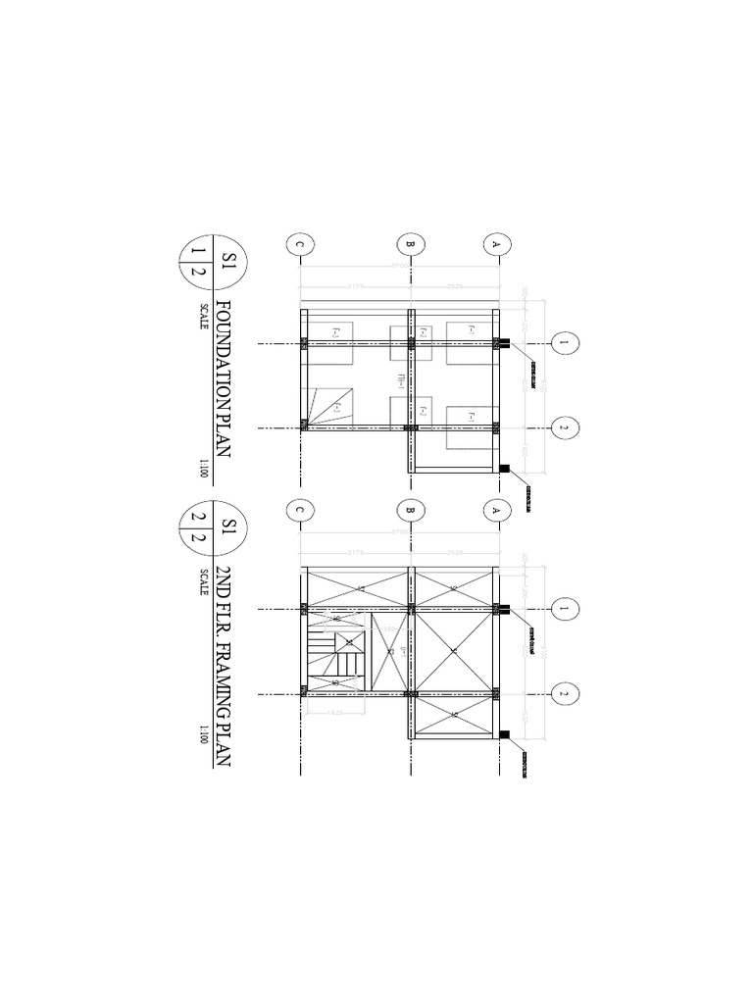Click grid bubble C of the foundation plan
299,244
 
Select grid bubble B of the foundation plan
411,244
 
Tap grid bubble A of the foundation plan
496,244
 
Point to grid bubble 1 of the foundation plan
564,343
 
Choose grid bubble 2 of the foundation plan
564,427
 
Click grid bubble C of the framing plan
299,509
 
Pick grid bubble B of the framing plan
411,509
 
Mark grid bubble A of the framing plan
496,509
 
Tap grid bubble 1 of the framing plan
564,609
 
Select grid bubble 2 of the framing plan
564,693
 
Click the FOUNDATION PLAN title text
223,378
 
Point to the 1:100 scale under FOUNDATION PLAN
203,468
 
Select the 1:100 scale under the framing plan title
203,733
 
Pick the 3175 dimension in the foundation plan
354,287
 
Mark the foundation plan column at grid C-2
304,427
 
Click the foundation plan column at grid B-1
412,343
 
